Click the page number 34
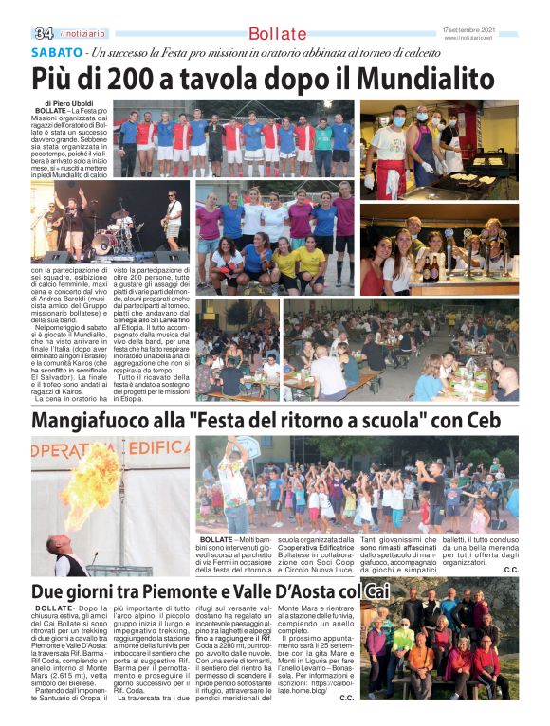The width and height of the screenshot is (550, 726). coord(44,33)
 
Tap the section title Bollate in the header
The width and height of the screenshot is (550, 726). coord(277,34)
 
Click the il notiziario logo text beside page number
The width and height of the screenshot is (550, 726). coord(79,34)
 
